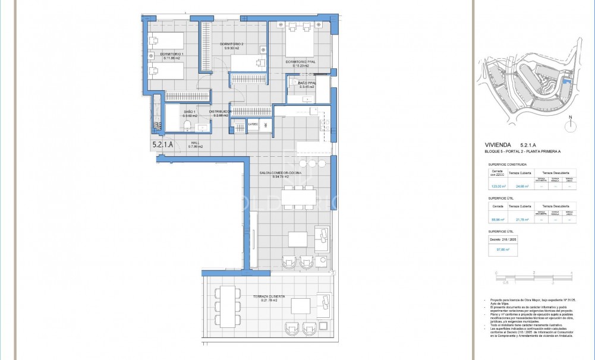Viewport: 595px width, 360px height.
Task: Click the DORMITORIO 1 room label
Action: click(x=164, y=54)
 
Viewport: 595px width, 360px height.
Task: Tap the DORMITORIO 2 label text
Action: click(x=232, y=45)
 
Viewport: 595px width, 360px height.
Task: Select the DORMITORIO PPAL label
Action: click(x=300, y=62)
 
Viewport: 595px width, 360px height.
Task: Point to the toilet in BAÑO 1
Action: click(x=188, y=125)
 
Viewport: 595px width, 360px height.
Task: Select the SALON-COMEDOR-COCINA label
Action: click(x=280, y=173)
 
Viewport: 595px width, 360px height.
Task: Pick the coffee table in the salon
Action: click(x=298, y=239)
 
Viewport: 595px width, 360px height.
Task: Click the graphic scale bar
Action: click(x=533, y=276)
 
